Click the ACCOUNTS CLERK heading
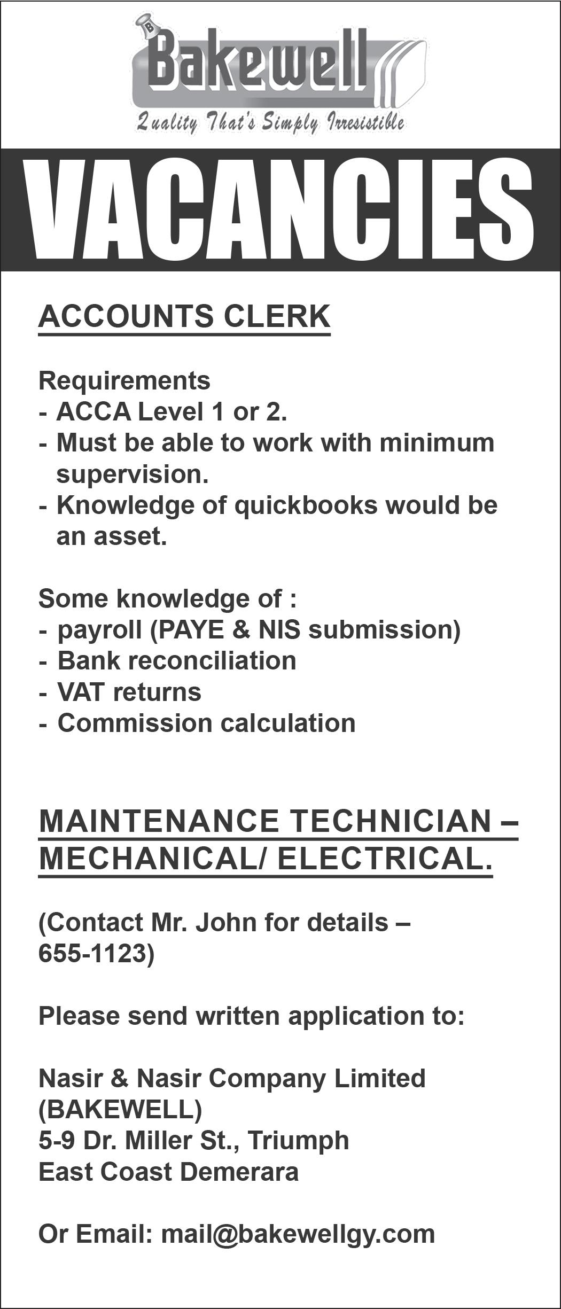(x=184, y=316)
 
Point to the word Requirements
(x=124, y=380)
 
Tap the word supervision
(x=132, y=474)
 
